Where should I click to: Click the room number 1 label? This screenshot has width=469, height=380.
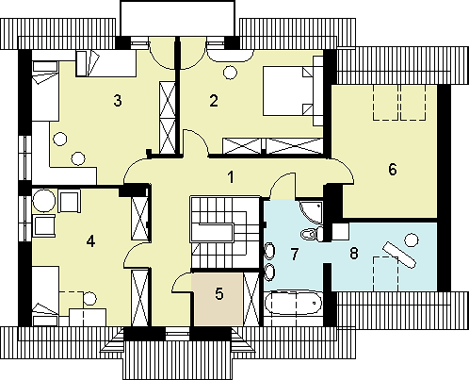[231, 177]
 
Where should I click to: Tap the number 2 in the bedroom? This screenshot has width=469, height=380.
[214, 101]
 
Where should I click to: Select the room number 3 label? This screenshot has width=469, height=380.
[118, 101]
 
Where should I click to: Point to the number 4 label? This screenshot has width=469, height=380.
[90, 241]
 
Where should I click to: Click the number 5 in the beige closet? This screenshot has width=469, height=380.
[219, 294]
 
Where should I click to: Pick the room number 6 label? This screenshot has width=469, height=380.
[393, 170]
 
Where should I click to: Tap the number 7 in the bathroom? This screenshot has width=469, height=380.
[294, 254]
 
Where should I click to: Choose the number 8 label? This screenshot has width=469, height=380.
[354, 253]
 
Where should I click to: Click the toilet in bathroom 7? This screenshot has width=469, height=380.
[313, 234]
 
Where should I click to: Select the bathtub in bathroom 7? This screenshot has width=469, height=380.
[294, 303]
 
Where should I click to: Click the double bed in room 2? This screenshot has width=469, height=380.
[288, 91]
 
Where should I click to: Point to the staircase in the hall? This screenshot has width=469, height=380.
[225, 232]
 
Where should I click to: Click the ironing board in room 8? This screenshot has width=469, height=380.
[398, 255]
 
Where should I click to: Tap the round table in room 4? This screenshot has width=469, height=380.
[44, 201]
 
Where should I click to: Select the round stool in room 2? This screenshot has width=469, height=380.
[230, 73]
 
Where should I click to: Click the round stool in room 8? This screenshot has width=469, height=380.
[411, 240]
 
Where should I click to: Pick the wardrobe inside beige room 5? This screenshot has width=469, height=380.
[251, 300]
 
